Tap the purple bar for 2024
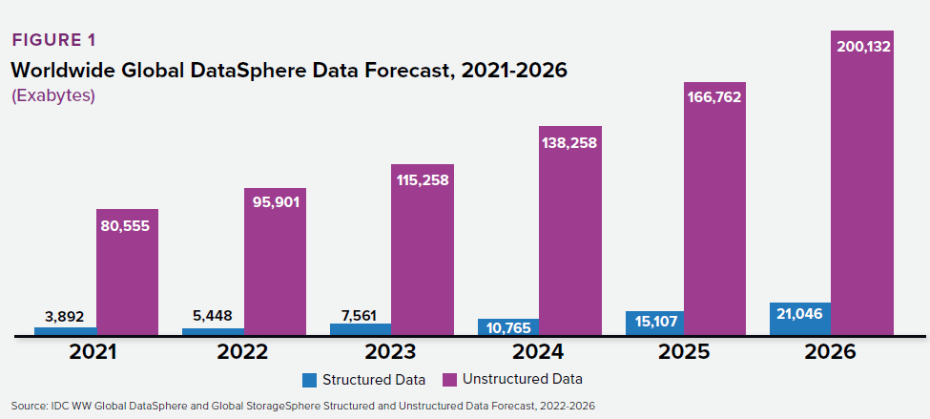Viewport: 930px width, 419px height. click(569, 239)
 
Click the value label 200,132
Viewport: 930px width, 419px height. click(860, 46)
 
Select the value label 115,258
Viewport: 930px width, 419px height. click(423, 178)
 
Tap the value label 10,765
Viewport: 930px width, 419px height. click(507, 326)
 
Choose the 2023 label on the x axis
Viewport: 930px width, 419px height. click(390, 351)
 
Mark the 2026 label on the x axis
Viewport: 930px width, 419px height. click(830, 351)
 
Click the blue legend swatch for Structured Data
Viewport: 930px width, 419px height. click(309, 380)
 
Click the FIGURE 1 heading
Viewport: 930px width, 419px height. click(53, 40)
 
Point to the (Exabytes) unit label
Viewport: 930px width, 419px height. click(53, 96)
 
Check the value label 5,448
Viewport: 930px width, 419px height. click(212, 316)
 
